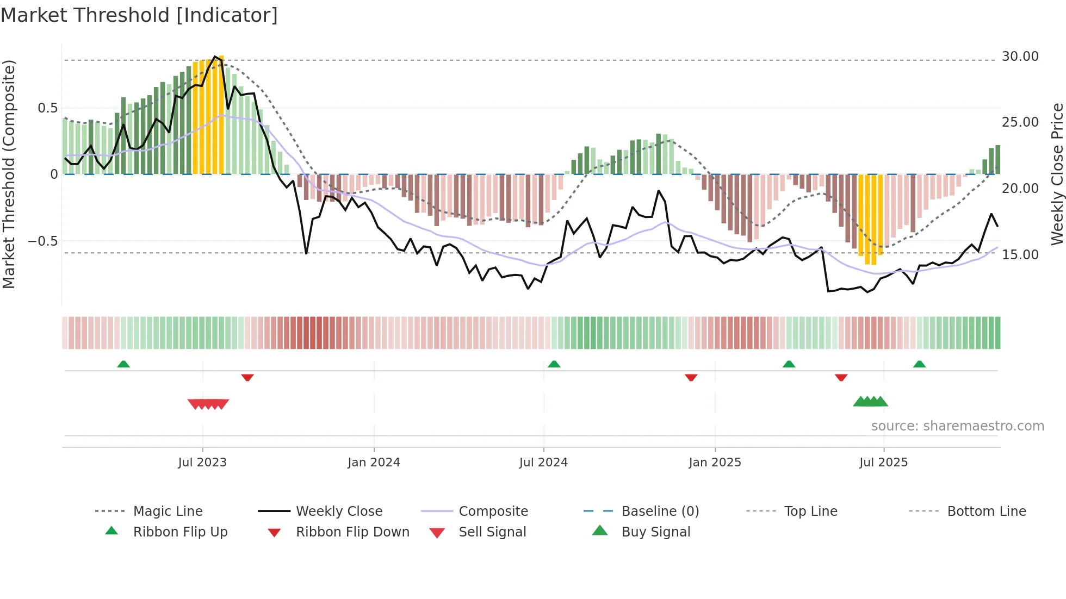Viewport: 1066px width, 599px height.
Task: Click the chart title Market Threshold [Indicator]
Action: tap(139, 15)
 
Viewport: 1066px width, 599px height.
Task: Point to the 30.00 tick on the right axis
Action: tap(1020, 57)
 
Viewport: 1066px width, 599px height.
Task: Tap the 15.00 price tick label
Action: tap(1020, 255)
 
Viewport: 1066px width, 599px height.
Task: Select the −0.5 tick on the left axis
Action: tap(42, 241)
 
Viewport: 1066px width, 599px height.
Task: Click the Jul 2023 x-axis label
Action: tap(202, 463)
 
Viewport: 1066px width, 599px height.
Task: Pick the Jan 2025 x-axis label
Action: tap(715, 463)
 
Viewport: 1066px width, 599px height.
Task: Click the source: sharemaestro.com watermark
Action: tap(957, 426)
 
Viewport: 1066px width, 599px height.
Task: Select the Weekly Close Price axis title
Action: tap(1056, 174)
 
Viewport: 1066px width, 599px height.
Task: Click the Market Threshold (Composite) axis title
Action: tap(9, 174)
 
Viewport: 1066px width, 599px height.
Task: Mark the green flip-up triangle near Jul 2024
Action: tap(554, 364)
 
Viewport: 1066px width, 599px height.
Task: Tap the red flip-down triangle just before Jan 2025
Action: tap(691, 377)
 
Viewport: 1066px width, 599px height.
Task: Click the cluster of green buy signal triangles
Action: tap(870, 402)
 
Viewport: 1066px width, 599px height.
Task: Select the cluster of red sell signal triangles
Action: tap(208, 404)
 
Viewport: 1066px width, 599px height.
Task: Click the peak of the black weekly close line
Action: tap(215, 56)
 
